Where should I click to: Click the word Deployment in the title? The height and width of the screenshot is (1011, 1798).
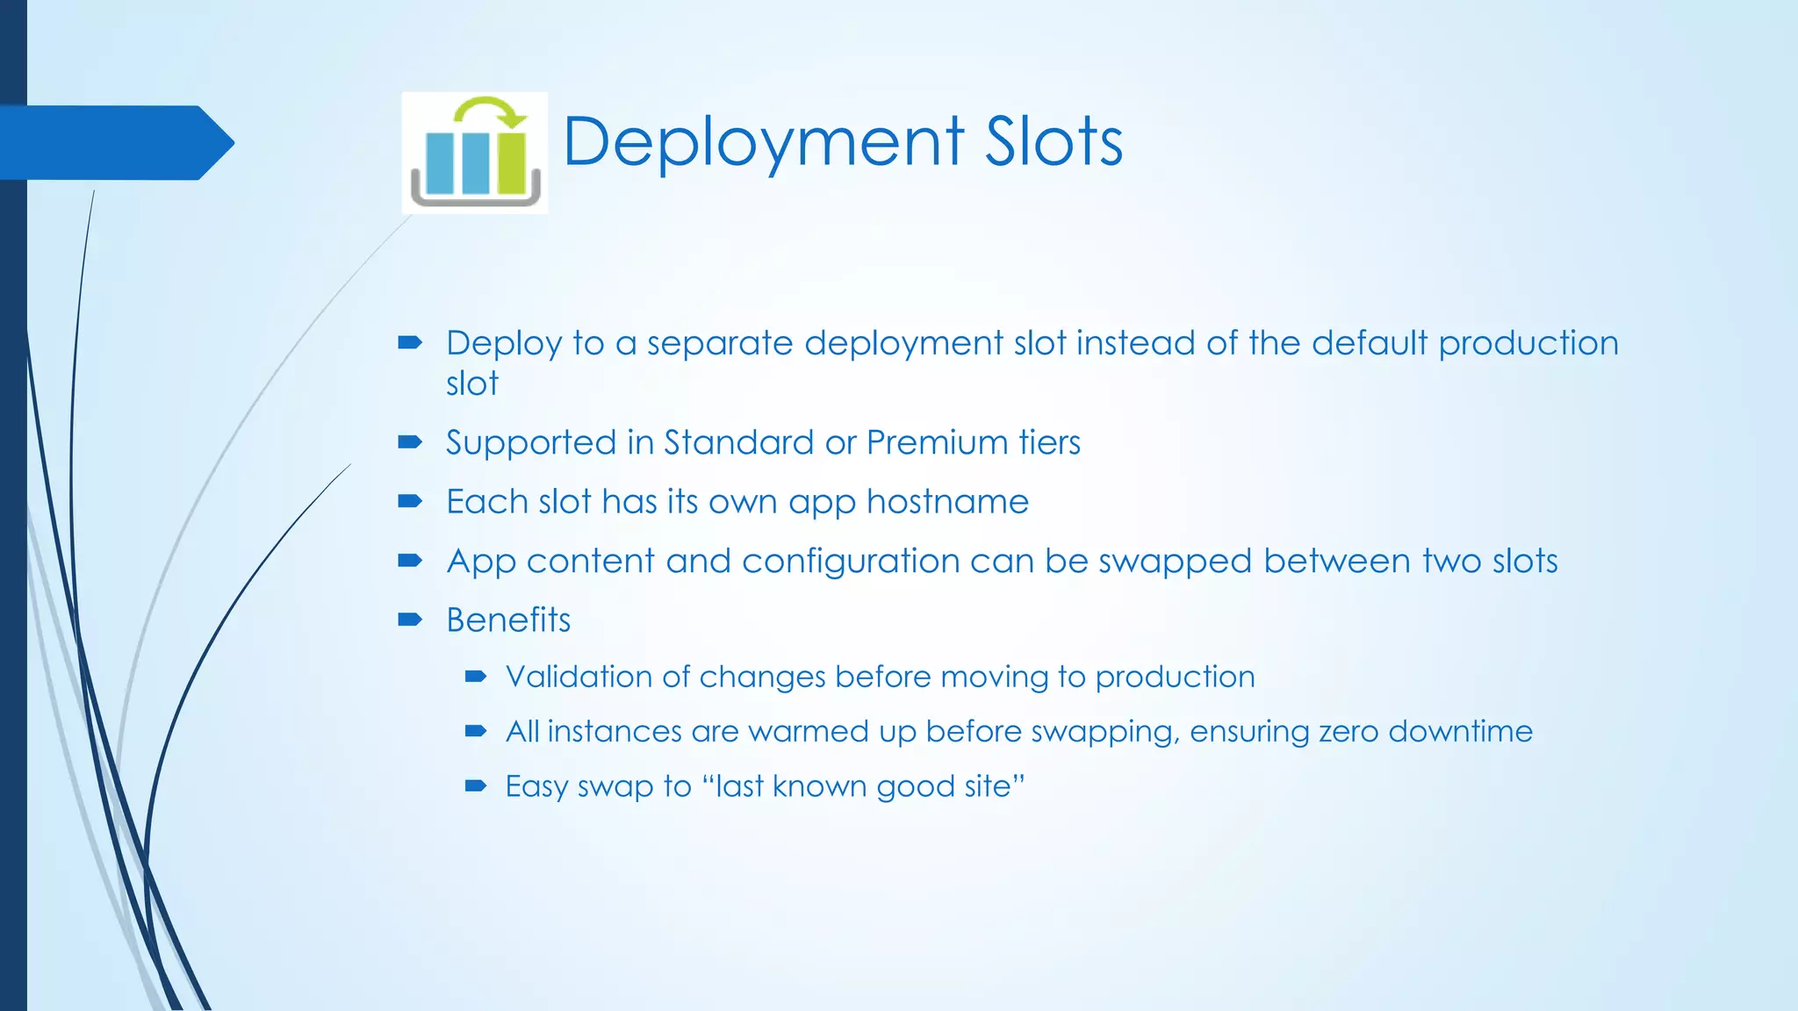[x=763, y=142]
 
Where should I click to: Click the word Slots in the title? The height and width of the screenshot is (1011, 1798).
[x=1054, y=142]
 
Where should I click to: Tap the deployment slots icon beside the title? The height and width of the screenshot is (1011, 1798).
[x=475, y=153]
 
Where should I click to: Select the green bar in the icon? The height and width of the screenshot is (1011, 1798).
[x=510, y=162]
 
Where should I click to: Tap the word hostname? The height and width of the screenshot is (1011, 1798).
[x=947, y=502]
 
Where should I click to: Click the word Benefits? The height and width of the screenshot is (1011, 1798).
[x=508, y=620]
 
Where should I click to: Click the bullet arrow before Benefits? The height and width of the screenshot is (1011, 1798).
[x=410, y=620]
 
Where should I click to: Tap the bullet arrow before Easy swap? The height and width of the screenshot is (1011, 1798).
[x=476, y=785]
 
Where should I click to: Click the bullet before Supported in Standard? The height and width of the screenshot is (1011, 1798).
[x=410, y=442]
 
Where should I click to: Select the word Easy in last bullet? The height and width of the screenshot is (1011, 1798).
[x=536, y=786]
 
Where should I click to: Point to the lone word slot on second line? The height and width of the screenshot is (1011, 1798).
[x=472, y=384]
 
